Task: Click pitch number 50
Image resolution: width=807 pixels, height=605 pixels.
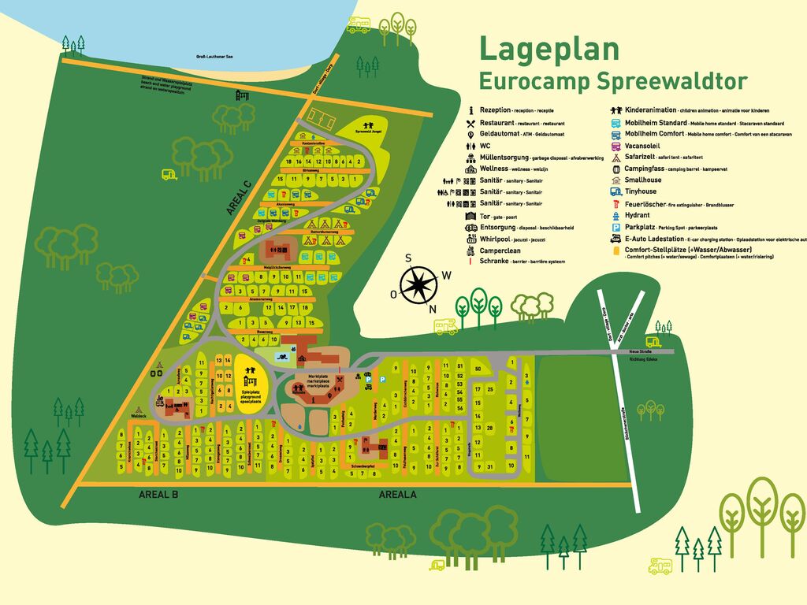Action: pos(478,369)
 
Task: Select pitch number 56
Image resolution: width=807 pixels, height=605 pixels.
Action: pos(460,409)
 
